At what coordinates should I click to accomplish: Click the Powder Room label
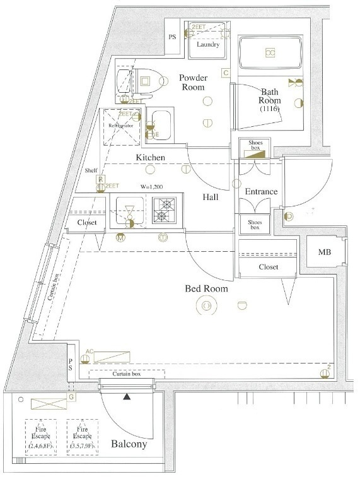(x=193, y=83)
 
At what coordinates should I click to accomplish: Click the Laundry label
(x=207, y=45)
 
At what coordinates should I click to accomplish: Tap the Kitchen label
(x=150, y=157)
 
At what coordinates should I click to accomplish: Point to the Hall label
(x=211, y=197)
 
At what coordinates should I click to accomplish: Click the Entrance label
(x=261, y=192)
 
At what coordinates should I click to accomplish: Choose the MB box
(x=324, y=252)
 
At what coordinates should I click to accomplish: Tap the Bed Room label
(x=206, y=289)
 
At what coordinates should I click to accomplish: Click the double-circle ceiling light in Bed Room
(x=206, y=307)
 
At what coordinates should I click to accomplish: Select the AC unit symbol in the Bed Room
(x=112, y=357)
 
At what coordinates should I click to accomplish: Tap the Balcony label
(x=129, y=444)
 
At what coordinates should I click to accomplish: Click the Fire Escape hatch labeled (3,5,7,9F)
(x=83, y=437)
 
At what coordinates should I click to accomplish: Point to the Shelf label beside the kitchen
(x=91, y=170)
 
